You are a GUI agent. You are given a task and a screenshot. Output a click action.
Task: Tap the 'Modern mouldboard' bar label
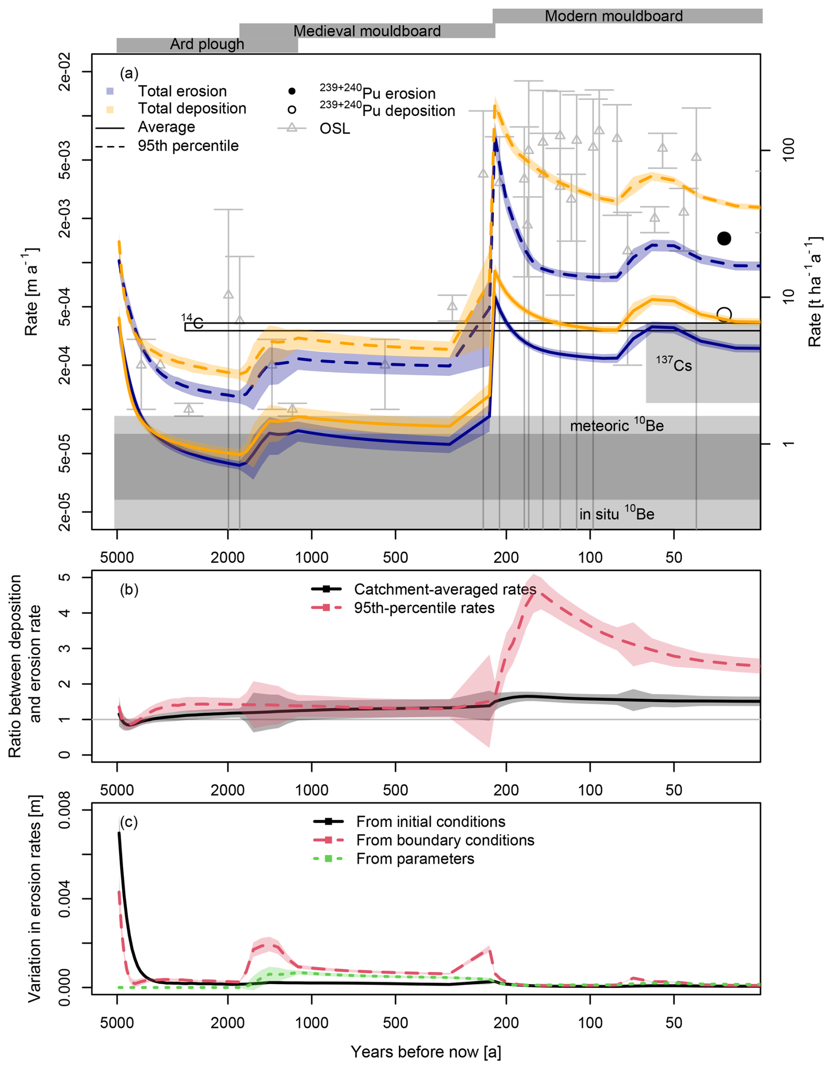(614, 16)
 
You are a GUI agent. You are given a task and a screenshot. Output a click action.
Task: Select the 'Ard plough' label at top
(207, 44)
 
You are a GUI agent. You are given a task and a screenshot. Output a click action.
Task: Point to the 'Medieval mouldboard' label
(367, 31)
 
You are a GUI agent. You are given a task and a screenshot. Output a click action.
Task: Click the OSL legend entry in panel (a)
(335, 128)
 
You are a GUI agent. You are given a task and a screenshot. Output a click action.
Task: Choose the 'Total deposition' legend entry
(192, 108)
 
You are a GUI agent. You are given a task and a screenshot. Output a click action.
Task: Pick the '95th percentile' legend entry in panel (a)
(188, 146)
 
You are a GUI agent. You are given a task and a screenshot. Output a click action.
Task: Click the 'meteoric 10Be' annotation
(617, 425)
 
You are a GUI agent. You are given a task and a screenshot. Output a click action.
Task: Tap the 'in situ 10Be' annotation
(617, 513)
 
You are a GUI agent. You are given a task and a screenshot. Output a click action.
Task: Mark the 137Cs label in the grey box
(674, 365)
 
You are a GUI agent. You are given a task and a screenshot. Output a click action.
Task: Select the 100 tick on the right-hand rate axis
(788, 150)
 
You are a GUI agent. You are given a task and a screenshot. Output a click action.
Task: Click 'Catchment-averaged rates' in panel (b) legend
(445, 589)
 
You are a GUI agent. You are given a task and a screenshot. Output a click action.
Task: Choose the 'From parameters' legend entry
(415, 859)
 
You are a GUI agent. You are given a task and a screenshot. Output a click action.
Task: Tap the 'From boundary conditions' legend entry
(445, 840)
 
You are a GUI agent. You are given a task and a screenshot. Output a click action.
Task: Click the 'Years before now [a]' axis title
(426, 1051)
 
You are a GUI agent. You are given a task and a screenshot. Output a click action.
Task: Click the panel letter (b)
(129, 590)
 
